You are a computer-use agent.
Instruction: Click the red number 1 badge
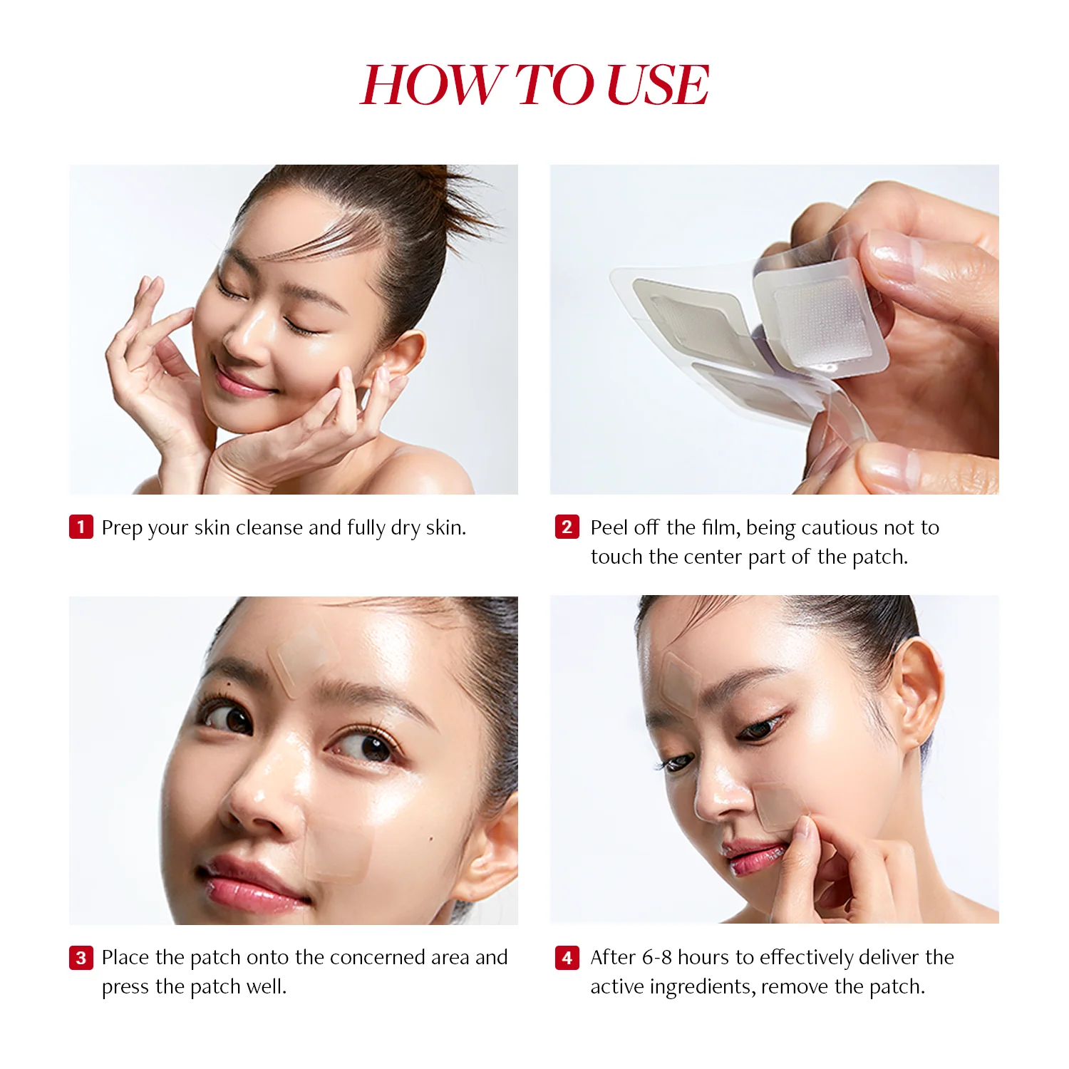[x=81, y=527]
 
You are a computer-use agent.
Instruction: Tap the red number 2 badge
[x=567, y=527]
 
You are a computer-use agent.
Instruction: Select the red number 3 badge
[x=81, y=958]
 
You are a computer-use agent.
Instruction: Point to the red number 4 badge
[x=567, y=958]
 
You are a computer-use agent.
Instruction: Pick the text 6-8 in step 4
[x=656, y=958]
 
